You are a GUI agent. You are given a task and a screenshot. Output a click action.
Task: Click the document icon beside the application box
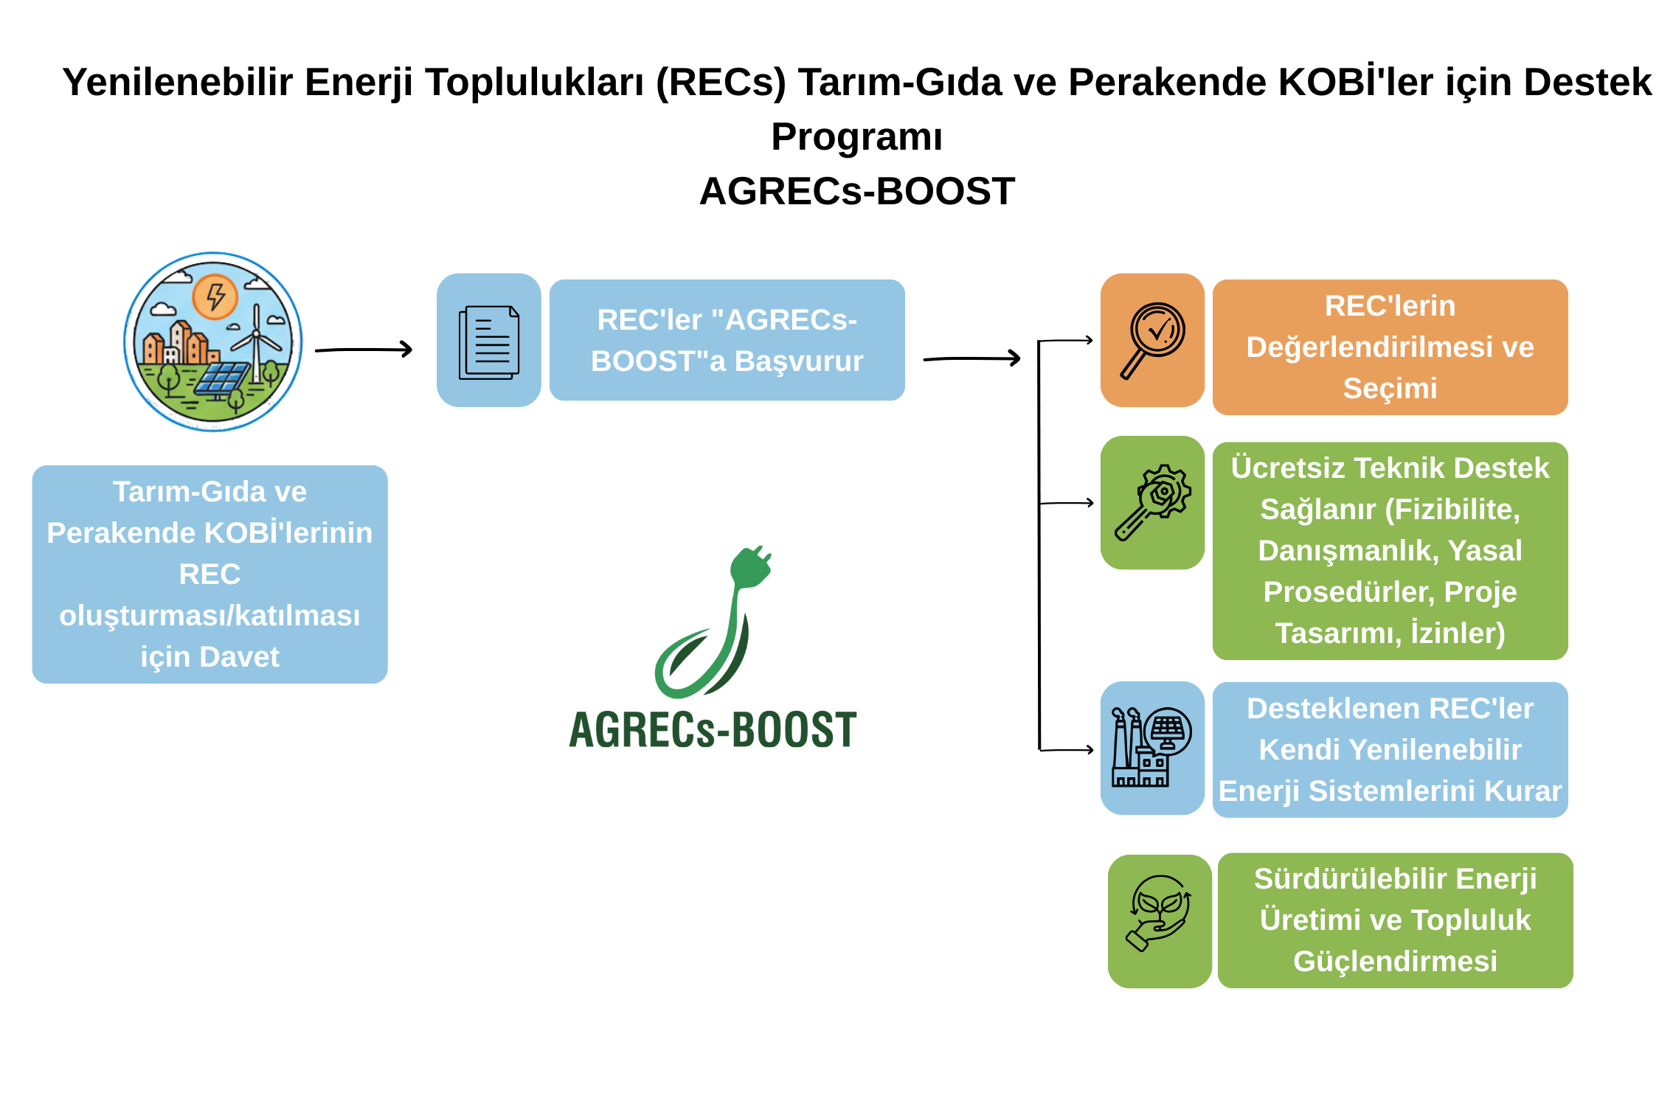488,342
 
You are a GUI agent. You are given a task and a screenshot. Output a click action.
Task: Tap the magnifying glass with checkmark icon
1152,339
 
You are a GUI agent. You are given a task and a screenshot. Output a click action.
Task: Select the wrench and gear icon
1152,501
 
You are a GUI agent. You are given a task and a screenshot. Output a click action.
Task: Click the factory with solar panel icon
1151,747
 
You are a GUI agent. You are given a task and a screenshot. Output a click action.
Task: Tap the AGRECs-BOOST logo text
713,730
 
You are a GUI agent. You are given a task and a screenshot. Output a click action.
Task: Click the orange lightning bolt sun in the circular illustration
215,296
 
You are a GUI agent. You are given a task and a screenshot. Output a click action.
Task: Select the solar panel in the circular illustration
221,378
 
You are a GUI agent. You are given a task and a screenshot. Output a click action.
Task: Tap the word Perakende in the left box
120,533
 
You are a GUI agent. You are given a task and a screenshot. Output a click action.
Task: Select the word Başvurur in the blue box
799,361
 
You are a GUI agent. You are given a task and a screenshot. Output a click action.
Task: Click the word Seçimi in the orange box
1390,389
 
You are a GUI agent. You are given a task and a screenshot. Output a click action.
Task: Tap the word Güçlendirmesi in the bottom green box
1395,962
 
